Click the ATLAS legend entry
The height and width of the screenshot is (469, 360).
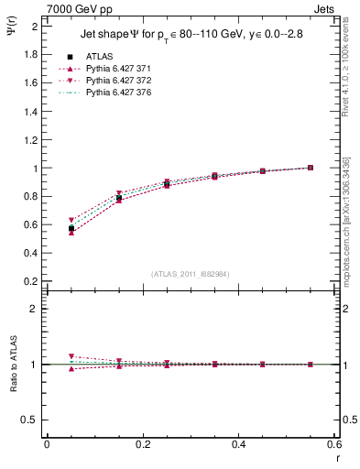click(100, 57)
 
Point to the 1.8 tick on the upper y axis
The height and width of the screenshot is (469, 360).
click(32, 54)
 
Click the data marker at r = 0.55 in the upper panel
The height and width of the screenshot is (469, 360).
click(311, 168)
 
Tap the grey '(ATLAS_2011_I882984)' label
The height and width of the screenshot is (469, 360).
click(191, 273)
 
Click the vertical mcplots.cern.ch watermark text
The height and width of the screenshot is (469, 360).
click(346, 220)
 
